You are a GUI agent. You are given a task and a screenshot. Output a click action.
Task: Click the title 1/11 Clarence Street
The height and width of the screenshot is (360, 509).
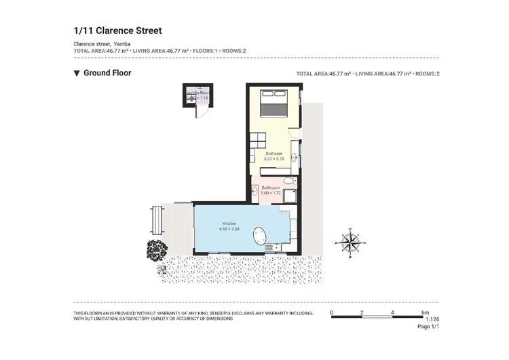tap(117, 31)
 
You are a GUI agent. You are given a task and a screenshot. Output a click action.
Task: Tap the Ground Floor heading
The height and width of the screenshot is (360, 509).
tap(107, 73)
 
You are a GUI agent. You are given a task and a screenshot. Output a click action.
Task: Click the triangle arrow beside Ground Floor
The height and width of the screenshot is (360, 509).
tap(77, 73)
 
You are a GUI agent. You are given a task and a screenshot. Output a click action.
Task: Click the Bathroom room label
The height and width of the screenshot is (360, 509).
tap(270, 187)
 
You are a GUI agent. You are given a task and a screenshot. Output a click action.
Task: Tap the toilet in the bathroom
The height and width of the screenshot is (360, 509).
tap(288, 181)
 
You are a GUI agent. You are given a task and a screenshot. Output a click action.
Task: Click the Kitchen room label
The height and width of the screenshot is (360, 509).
tap(229, 224)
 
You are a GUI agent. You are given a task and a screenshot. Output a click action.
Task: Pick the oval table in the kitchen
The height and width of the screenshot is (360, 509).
tap(261, 237)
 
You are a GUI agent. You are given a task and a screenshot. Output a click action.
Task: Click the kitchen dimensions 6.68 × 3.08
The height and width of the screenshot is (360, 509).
tap(229, 230)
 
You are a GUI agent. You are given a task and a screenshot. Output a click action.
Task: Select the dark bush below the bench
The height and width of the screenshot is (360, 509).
tap(155, 249)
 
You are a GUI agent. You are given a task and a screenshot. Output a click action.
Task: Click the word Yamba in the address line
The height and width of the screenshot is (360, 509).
tap(123, 44)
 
